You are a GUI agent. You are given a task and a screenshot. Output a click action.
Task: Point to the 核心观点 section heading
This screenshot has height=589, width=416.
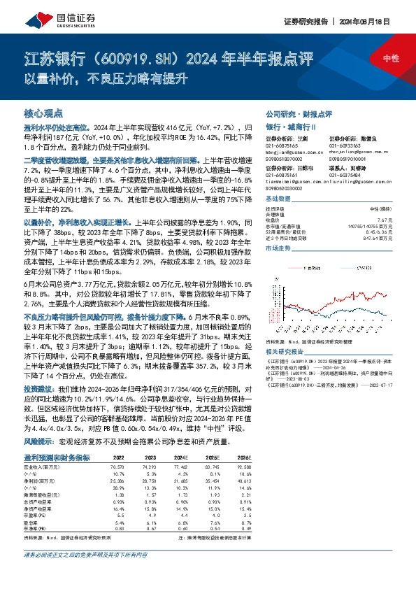[x=43, y=113]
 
